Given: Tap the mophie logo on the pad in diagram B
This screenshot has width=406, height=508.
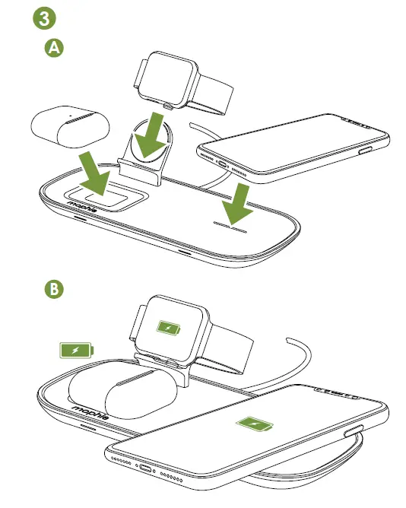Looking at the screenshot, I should (x=90, y=413).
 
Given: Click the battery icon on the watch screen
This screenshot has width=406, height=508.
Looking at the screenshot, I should (x=168, y=329).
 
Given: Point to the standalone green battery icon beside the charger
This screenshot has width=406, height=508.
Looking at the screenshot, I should (x=77, y=351).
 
